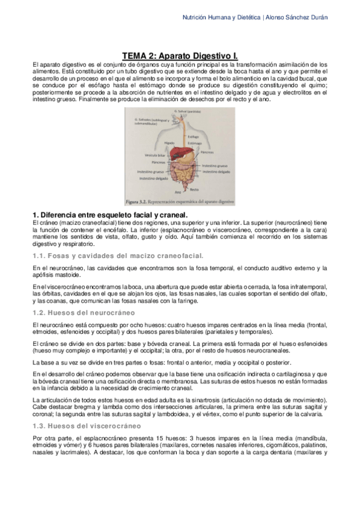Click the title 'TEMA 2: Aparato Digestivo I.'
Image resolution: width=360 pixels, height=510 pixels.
tap(180, 54)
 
